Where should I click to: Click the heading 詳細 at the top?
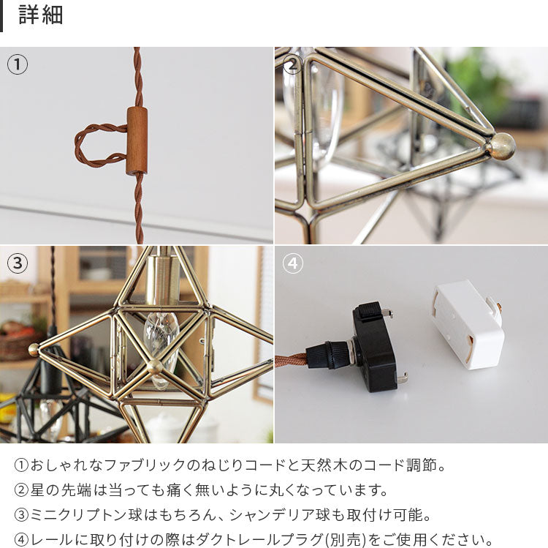[40, 15]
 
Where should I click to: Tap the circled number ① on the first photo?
[18, 64]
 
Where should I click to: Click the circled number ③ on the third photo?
[18, 263]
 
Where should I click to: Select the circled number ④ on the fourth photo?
[292, 263]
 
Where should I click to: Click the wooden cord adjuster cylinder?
[137, 140]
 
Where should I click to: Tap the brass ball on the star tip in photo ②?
[501, 146]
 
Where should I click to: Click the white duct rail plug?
[468, 325]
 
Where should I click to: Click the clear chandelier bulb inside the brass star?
[161, 347]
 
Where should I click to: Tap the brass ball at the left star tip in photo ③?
[34, 350]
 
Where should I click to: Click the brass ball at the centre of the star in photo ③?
[154, 367]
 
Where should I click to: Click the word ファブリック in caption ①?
[145, 465]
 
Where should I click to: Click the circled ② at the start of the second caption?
[21, 490]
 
